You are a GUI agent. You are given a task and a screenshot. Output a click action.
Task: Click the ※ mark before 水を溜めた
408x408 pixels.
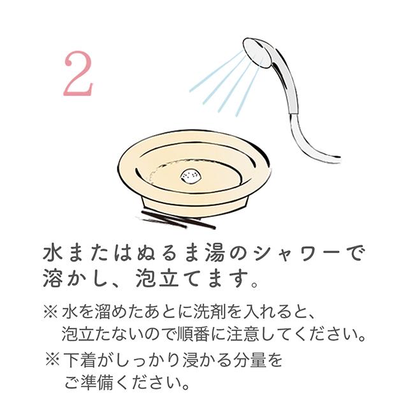(50, 313)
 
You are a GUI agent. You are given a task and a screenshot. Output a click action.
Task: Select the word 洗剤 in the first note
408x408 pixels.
(196, 313)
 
